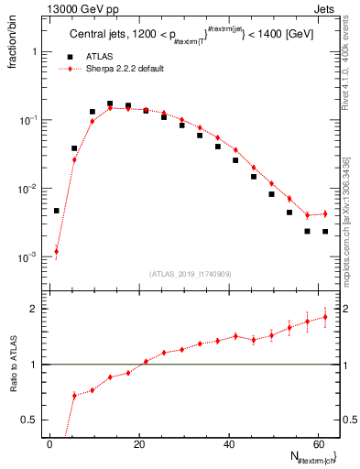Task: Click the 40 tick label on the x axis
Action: tap(228, 444)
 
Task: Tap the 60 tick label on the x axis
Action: tap(317, 444)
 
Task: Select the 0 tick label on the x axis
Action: tap(49, 444)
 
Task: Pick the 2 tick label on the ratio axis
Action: tap(32, 309)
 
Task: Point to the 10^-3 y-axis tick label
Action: tap(25, 257)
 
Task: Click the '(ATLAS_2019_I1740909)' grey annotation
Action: tap(191, 274)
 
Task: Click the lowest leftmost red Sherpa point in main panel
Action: tap(56, 251)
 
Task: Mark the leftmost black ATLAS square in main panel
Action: tap(56, 211)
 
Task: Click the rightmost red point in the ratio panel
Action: tap(325, 316)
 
